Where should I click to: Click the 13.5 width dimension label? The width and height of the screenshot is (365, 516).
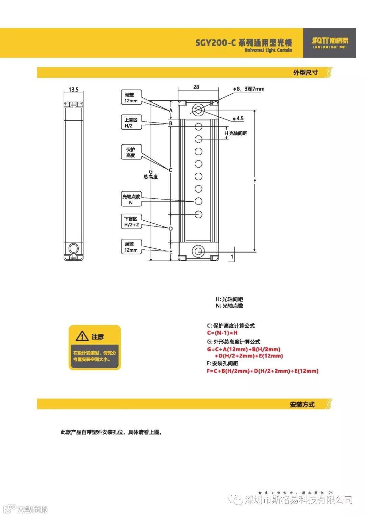coord(73,90)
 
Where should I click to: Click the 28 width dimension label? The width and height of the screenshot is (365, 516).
coord(196,87)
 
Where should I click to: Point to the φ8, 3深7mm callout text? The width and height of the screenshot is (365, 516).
coord(248,89)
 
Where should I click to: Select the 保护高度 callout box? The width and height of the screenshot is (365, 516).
coord(131,152)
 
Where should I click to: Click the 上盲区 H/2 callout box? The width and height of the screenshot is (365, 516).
coord(131,123)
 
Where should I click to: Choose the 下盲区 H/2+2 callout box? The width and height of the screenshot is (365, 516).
coord(131,222)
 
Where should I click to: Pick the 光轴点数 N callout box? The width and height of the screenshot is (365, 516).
coord(131,199)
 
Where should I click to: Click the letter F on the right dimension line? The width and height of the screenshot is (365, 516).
coord(254,181)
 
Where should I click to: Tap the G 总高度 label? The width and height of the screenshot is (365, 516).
coord(151,174)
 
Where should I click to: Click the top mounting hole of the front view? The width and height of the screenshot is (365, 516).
coord(198,110)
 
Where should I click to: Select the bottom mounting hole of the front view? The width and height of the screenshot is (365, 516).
coord(198,251)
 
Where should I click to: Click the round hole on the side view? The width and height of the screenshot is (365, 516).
coord(73,249)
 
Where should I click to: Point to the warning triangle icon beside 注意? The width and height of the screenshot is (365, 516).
coord(82,336)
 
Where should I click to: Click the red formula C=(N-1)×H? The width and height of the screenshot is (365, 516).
coord(222,333)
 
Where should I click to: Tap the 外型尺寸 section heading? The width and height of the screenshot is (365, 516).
coord(305,73)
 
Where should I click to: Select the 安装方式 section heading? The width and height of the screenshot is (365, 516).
coord(302,404)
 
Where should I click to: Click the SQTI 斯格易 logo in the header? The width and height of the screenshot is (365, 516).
coord(330,42)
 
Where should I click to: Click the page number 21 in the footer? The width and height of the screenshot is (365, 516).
coord(331,493)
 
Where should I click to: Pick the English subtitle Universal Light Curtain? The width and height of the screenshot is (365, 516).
coord(268,50)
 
